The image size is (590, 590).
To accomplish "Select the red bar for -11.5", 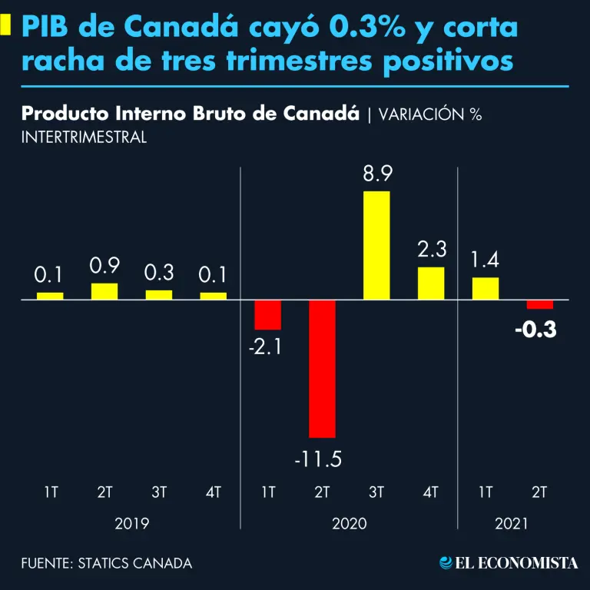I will pos(322,369).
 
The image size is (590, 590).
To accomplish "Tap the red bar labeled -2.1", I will pos(268,314).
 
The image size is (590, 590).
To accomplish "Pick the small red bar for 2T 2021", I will pos(539,304).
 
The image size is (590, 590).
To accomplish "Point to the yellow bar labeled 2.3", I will pos(431,283).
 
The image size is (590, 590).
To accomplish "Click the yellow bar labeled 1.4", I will pos(486,288).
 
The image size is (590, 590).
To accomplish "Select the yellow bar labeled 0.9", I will pos(104,291).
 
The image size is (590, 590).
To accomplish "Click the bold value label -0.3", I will pos(536,330).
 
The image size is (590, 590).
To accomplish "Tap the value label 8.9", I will pos(378,174).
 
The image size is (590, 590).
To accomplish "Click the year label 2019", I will pos(132,524).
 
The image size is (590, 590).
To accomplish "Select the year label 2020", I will pos(350,524).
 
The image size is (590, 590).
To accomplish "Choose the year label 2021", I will pos(512,524).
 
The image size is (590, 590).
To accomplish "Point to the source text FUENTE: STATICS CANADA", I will pos(107,563).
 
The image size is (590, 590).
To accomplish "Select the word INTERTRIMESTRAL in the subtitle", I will pos(85,138).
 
